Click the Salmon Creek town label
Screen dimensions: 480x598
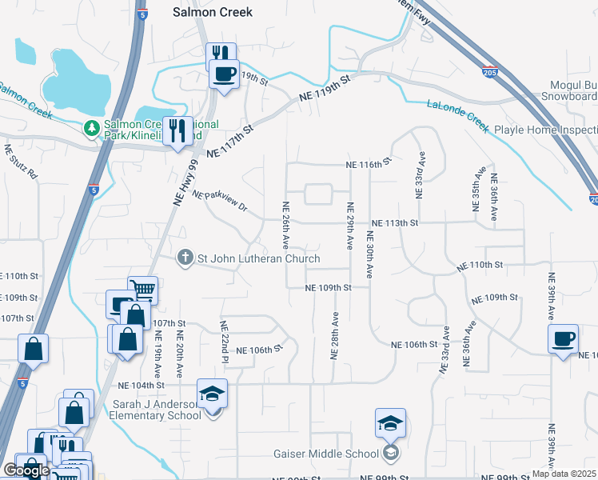(213, 12)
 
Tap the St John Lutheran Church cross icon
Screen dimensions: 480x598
(185, 258)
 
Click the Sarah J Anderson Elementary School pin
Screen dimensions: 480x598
(212, 395)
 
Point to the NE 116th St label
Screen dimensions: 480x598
(367, 163)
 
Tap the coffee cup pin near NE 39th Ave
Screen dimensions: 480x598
(563, 339)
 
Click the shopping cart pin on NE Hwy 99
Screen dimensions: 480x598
(142, 290)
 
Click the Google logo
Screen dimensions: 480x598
(26, 470)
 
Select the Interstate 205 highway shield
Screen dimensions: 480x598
(489, 73)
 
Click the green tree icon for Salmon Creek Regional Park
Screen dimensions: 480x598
(93, 127)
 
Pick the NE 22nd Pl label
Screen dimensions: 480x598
(225, 338)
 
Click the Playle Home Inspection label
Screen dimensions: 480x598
(546, 130)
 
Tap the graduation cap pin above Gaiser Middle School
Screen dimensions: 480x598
(391, 424)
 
